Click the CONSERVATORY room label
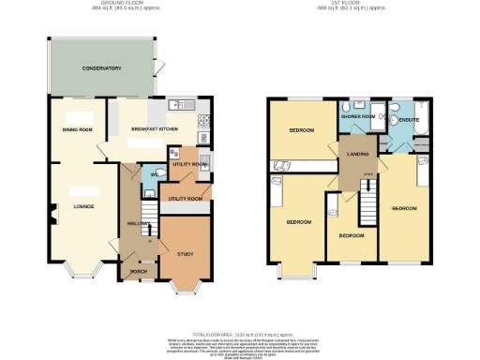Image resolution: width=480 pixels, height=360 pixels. (101, 68)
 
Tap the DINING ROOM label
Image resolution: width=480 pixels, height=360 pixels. (77, 130)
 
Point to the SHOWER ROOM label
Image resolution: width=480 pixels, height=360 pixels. (362, 116)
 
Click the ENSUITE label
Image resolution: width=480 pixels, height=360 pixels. (409, 120)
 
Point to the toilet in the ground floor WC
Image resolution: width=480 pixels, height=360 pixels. (155, 172)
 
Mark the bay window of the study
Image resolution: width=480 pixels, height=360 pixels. (184, 285)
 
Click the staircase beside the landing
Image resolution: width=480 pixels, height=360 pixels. (367, 202)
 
